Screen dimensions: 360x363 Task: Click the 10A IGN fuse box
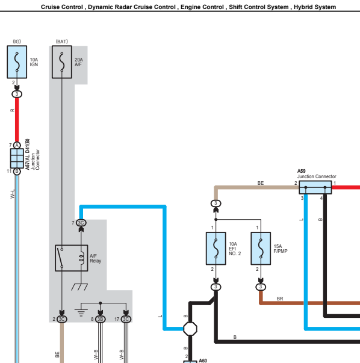click(17, 62)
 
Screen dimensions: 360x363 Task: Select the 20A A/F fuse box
click(62, 62)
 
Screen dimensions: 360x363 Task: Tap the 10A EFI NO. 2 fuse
click(216, 249)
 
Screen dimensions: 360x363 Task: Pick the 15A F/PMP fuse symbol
click(261, 249)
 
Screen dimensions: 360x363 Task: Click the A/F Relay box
click(71, 258)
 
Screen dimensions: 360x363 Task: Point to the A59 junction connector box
click(315, 187)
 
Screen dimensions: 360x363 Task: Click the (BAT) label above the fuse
click(62, 42)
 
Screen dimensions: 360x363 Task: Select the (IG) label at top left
click(17, 42)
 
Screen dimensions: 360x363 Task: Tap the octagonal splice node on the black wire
click(190, 329)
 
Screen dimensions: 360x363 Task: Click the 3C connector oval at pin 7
click(81, 223)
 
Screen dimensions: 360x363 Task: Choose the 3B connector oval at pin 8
click(101, 319)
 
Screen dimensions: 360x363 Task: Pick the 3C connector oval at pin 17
click(126, 319)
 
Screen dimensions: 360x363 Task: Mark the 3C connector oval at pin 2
click(62, 319)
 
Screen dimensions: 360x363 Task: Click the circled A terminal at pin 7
click(17, 146)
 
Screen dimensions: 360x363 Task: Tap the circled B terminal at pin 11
click(17, 172)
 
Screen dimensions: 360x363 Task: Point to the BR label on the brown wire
click(280, 299)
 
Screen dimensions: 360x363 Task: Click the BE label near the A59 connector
click(261, 183)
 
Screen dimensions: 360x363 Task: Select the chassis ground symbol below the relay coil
click(79, 287)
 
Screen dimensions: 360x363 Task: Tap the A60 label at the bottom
click(203, 361)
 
